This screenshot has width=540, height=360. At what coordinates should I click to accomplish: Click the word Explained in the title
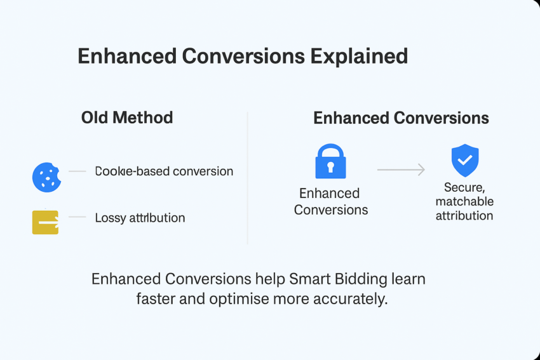pos(359,57)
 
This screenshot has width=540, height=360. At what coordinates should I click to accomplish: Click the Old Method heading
pos(127,117)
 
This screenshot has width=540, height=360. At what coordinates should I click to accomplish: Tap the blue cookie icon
pos(46,177)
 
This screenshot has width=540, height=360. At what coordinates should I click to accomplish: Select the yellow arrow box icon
pos(45,222)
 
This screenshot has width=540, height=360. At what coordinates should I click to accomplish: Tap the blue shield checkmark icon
pos(465,161)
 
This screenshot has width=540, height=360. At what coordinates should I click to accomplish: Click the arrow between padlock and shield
pos(401,170)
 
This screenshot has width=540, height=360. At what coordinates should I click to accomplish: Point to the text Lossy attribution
pos(140,218)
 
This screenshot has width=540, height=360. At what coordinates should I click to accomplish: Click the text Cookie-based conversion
pos(164,171)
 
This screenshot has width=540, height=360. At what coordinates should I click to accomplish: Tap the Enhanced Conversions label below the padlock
pos(330,201)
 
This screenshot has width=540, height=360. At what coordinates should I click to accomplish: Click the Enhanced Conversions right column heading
pos(401,118)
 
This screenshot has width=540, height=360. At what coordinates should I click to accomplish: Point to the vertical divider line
pos(247,178)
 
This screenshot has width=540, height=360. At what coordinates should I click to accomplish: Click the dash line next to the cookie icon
pos(77,171)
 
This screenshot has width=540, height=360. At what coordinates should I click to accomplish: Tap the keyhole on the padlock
pos(330,167)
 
